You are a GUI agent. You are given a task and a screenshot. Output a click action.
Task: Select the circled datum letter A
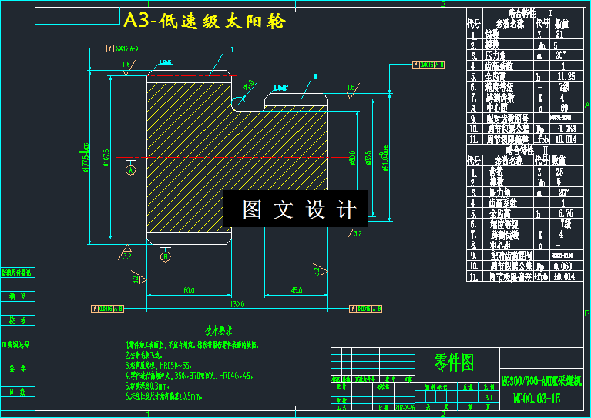(x=130, y=169)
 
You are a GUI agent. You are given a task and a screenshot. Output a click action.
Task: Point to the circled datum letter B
(x=165, y=257)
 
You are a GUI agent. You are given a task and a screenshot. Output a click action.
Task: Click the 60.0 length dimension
(x=188, y=290)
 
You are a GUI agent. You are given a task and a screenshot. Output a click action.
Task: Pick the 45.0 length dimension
(x=295, y=290)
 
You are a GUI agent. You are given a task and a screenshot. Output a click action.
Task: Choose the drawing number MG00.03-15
(x=537, y=399)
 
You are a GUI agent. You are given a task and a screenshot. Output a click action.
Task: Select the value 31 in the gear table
(x=560, y=35)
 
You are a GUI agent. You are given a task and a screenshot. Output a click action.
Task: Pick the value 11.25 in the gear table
(x=566, y=77)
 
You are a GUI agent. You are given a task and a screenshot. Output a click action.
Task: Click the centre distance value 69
(x=562, y=108)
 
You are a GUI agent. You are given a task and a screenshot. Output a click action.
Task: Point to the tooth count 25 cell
(x=560, y=172)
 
